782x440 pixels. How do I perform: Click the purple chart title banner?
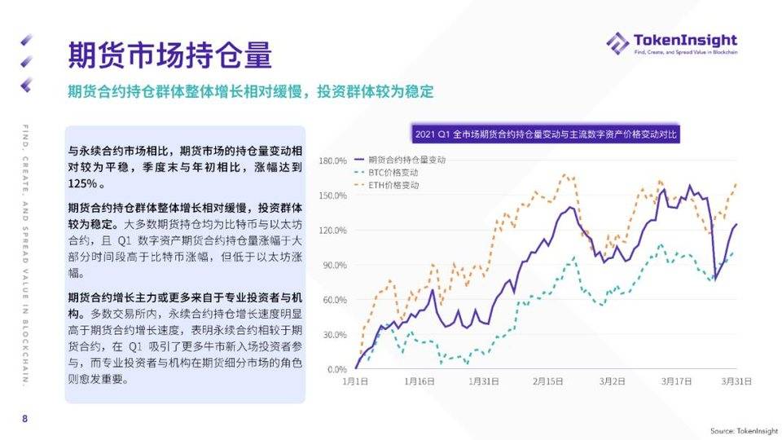pyautogui.click(x=547, y=134)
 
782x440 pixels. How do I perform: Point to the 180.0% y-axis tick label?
pyautogui.click(x=332, y=161)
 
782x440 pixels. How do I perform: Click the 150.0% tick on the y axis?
pyautogui.click(x=332, y=196)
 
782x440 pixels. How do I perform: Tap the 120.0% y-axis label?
pyautogui.click(x=332, y=231)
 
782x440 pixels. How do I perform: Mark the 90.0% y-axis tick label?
pyautogui.click(x=334, y=266)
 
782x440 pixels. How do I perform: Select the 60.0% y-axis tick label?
pyautogui.click(x=334, y=300)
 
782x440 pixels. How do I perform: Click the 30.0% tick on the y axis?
pyautogui.click(x=334, y=335)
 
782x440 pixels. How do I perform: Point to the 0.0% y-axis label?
pyautogui.click(x=336, y=370)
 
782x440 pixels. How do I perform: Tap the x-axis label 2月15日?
pyautogui.click(x=550, y=381)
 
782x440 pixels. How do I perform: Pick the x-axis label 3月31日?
pyautogui.click(x=736, y=381)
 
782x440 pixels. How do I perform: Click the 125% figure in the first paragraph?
pyautogui.click(x=84, y=185)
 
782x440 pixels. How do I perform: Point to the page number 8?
pyautogui.click(x=24, y=419)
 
